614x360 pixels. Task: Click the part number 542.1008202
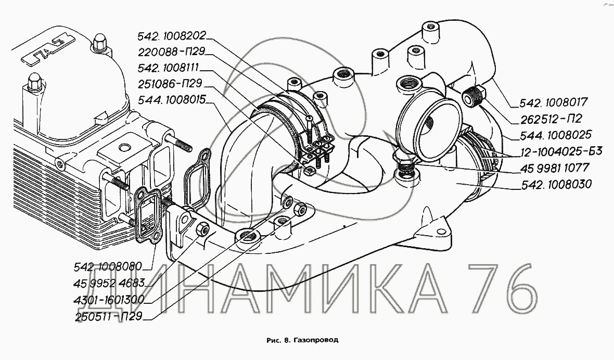click(x=172, y=36)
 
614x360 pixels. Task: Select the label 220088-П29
click(x=172, y=52)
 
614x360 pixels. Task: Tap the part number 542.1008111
click(x=169, y=68)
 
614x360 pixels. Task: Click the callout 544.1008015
click(x=172, y=100)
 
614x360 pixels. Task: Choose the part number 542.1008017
click(x=554, y=102)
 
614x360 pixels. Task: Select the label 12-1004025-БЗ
click(x=561, y=151)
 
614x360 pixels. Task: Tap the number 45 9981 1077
click(x=555, y=168)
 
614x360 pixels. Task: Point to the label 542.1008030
click(x=556, y=184)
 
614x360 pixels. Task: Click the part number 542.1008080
click(x=108, y=267)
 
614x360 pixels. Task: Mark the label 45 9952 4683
click(x=109, y=283)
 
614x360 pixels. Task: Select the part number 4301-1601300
click(x=109, y=300)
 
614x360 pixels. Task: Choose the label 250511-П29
click(x=108, y=316)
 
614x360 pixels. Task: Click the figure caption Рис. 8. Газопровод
click(x=302, y=340)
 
